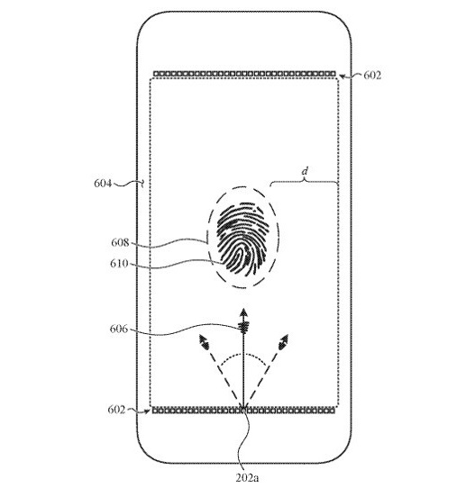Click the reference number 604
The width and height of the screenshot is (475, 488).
(103, 184)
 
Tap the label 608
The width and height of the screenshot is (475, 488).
(120, 242)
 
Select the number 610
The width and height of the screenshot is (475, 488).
(119, 264)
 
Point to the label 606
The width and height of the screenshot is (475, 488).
(119, 329)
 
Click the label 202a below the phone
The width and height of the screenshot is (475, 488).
(247, 478)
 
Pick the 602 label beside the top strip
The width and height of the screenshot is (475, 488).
(372, 76)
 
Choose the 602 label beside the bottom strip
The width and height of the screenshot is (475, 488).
(116, 410)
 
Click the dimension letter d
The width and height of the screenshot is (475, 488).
(305, 171)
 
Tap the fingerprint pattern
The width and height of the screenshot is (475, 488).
(243, 239)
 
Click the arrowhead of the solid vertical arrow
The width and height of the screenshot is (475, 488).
(243, 312)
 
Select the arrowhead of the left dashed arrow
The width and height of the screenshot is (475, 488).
(204, 341)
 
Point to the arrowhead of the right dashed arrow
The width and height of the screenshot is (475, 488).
(284, 341)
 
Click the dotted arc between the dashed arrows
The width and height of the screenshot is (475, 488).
(242, 355)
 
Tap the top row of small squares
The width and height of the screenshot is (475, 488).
(244, 74)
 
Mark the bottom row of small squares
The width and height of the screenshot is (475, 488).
(243, 411)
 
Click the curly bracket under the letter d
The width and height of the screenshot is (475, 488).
(304, 182)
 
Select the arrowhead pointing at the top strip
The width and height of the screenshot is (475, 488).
(342, 77)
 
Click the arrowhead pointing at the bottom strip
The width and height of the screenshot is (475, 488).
(147, 411)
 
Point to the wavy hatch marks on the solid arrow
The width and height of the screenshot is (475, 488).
(243, 327)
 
